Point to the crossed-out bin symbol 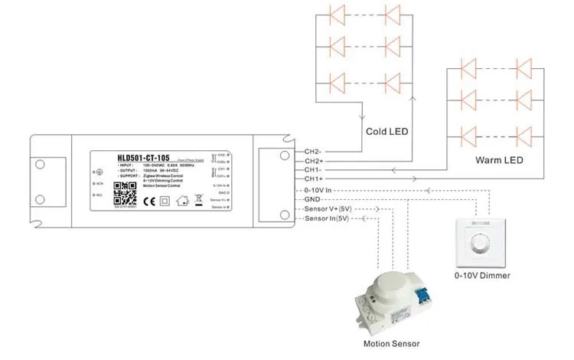pyautogui.click(x=197, y=202)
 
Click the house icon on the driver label pyautogui.click(x=182, y=202)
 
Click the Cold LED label pyautogui.click(x=387, y=132)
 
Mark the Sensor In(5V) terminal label pyautogui.click(x=326, y=218)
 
